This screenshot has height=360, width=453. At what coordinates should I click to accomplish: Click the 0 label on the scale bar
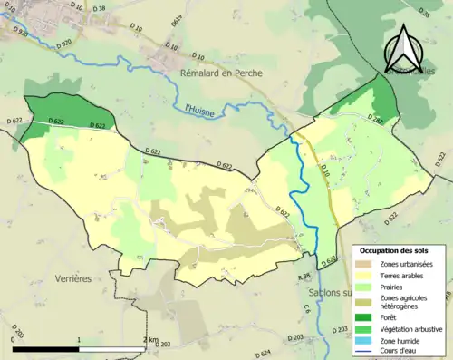point(14,340)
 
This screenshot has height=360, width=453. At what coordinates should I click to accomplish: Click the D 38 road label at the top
point(100,9)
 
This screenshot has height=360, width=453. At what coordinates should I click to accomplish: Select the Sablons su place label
point(326,293)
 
